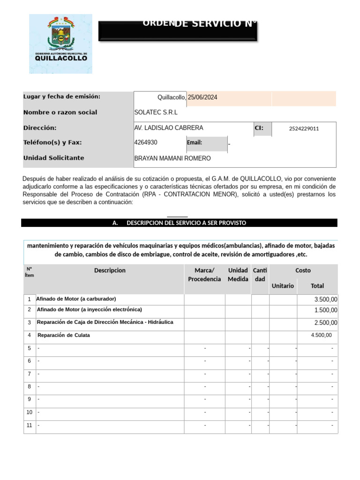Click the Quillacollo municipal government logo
pos(60,44)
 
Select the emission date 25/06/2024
pos(202,97)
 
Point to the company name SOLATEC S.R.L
pos(156,112)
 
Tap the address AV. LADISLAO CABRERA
pos(169,128)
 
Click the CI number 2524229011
pos(304,128)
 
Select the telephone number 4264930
pos(146,142)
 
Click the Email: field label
pos(195,143)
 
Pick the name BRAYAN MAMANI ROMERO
pos(172,158)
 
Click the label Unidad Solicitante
pos(54,158)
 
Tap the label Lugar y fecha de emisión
pos(62,97)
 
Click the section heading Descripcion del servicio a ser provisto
pos(179,223)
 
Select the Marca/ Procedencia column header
pos(204,275)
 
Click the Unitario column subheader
pos(283,285)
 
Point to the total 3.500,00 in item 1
pos(325,300)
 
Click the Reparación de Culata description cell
pos(64,335)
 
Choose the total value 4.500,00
pos(321,335)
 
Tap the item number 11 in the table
pos(30,426)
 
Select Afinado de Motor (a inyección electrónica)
pos(89,310)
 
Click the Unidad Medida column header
pos(238,275)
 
